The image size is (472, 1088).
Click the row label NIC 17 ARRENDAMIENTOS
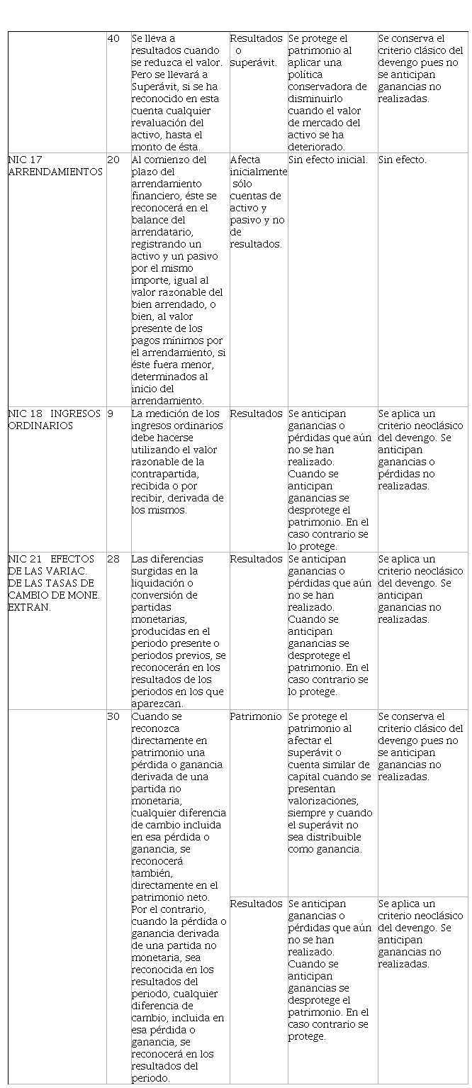pyautogui.click(x=54, y=166)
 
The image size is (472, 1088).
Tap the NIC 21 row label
pyautogui.click(x=54, y=583)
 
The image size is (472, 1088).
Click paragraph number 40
pyautogui.click(x=113, y=38)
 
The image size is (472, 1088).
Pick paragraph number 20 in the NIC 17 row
pyautogui.click(x=113, y=160)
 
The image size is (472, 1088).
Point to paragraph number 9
pyautogui.click(x=111, y=413)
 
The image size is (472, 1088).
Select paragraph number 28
pyautogui.click(x=113, y=559)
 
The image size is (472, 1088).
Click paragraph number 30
pyautogui.click(x=113, y=716)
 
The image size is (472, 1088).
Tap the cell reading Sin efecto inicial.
pyautogui.click(x=327, y=160)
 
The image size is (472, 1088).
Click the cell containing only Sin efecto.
pyautogui.click(x=402, y=160)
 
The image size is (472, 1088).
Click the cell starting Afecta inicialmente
pyautogui.click(x=258, y=201)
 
